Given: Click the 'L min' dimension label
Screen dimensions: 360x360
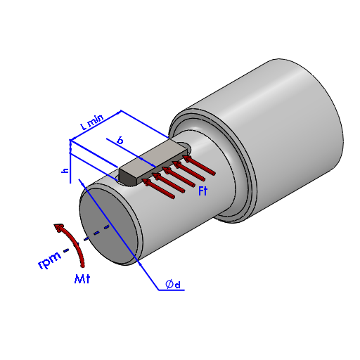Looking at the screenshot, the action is coord(92,122).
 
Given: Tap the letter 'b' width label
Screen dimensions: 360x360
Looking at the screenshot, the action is coord(120,141).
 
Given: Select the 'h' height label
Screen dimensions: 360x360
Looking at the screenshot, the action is coord(65,170).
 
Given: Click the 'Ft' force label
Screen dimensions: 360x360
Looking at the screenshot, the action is coord(203,191).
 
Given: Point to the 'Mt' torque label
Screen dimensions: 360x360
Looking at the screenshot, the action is coord(82,279).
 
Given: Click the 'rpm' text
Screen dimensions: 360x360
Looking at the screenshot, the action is coord(49,260).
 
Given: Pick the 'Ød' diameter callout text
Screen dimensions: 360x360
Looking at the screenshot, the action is coord(173,284).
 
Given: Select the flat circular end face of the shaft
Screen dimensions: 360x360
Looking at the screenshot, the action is coord(108,227).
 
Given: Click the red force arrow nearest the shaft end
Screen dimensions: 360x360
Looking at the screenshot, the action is coord(158,188).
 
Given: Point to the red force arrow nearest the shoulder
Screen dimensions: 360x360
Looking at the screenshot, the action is coord(199,165).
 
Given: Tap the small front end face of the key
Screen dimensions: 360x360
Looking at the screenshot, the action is coord(128,177).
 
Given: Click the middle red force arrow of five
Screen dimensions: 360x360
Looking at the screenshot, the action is coord(179,177).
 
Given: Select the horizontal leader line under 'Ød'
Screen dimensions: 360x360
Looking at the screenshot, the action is coord(172,290).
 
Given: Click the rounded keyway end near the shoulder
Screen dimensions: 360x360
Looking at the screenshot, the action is coord(185,146).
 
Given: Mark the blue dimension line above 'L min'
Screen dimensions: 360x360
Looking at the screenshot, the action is coord(96,125).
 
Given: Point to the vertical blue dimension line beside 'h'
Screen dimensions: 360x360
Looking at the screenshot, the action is coord(70,162).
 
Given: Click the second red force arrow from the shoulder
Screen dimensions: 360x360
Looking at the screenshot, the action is coord(188,171).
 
